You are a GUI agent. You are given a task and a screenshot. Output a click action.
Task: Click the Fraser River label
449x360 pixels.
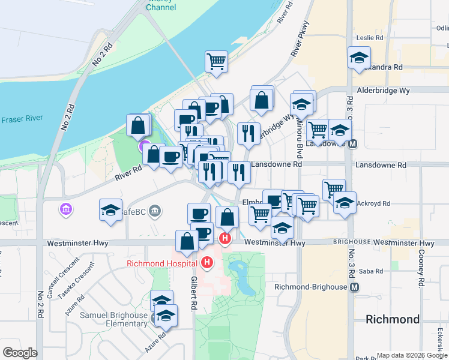coord(21,120)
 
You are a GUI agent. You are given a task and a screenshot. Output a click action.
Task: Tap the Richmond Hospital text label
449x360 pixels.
coord(161,263)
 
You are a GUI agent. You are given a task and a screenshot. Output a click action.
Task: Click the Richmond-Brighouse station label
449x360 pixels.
coord(310,287)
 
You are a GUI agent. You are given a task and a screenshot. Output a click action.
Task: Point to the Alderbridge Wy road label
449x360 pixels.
coord(383,91)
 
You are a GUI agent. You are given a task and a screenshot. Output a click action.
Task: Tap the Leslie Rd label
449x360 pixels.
coord(370,37)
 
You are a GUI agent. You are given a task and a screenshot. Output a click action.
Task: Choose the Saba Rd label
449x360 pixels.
coord(372,271)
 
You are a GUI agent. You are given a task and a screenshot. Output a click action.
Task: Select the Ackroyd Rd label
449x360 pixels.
coord(373,203)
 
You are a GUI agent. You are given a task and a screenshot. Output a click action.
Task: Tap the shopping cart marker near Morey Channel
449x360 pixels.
coord(216,61)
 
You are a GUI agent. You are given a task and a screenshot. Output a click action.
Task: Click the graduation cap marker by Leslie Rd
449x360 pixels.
coord(359,58)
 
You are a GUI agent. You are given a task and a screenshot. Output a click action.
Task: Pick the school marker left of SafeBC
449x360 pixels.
coord(111,210)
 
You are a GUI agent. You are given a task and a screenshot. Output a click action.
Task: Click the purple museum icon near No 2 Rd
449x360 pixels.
coord(65,209)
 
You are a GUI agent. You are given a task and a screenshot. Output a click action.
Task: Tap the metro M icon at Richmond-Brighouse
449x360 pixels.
coord(355,287)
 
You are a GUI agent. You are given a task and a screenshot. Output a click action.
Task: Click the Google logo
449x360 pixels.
coord(20,353)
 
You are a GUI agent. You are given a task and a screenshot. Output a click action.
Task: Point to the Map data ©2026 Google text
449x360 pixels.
coord(411,355)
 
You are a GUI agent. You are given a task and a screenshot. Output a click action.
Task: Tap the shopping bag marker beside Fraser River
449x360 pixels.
coord(138,125)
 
